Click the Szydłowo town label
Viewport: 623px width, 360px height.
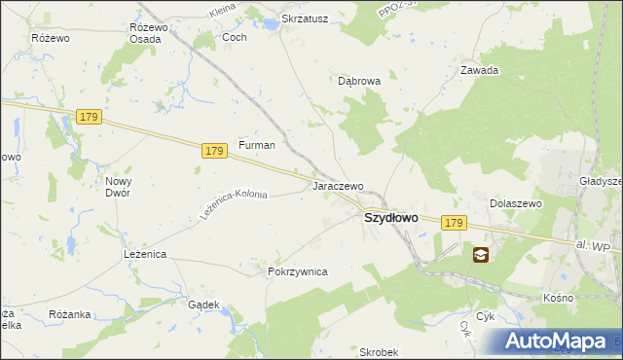coord(390,219)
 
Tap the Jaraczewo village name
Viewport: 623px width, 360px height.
coord(338,186)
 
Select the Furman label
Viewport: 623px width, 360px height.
coord(257,145)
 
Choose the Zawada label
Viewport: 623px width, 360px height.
coord(479,70)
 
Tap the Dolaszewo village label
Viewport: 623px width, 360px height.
coord(515,203)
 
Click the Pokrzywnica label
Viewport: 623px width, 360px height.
coord(297,272)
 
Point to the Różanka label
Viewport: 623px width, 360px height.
coord(69,314)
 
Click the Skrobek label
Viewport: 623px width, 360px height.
coord(378,352)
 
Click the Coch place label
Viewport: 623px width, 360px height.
coord(235,37)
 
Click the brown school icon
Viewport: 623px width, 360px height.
coord(481,255)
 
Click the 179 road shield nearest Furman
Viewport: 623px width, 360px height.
coord(215,151)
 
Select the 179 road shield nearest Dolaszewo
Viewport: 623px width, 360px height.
coord(453,224)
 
